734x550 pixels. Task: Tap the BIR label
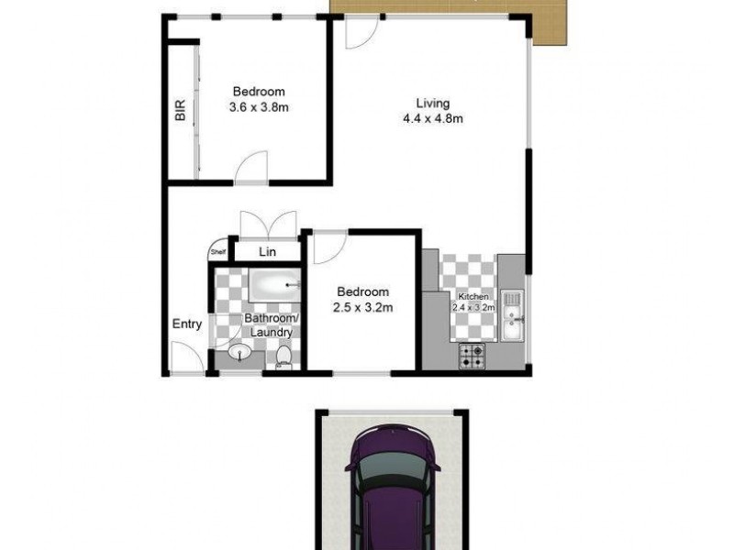[x=180, y=111]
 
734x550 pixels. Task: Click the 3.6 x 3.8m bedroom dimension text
[x=258, y=106]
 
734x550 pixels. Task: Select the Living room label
[x=431, y=103]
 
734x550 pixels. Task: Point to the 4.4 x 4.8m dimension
[x=431, y=117]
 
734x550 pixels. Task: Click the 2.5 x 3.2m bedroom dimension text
[x=362, y=307]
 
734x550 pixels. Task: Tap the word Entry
[x=187, y=324]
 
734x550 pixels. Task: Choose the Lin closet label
[x=267, y=251]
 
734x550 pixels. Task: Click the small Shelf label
[x=218, y=252]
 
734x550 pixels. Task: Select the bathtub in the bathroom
[x=275, y=286]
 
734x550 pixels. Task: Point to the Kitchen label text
[x=474, y=298]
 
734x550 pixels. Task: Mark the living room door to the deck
[x=361, y=35]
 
